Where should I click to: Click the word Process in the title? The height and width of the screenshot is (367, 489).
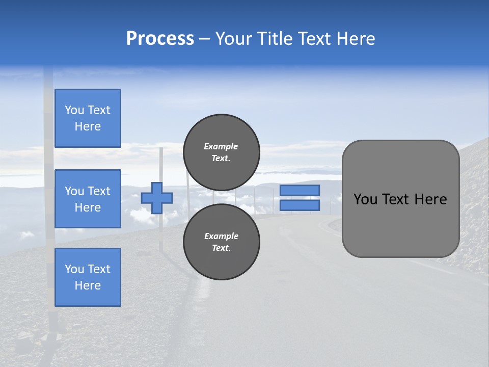[x=160, y=39]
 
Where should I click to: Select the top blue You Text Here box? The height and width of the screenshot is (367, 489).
[x=88, y=118]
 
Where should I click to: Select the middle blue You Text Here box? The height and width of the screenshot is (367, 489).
[x=88, y=199]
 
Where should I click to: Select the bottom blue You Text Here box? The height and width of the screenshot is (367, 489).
[x=88, y=277]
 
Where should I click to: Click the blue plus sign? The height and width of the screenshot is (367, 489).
[x=157, y=198]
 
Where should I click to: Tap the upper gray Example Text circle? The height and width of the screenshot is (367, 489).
[x=221, y=152]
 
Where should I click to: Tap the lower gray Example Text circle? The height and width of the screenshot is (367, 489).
[x=221, y=242]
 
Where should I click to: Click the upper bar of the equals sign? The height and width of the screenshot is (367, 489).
[x=300, y=190]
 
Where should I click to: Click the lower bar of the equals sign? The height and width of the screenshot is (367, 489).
[x=300, y=205]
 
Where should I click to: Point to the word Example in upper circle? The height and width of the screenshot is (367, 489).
[x=221, y=146]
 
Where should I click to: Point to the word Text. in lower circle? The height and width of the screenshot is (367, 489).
[x=221, y=248]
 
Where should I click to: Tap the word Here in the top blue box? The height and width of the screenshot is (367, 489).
[x=88, y=126]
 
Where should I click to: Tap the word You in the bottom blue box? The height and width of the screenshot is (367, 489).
[x=74, y=269]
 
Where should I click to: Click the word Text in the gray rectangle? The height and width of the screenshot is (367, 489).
[x=397, y=199]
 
